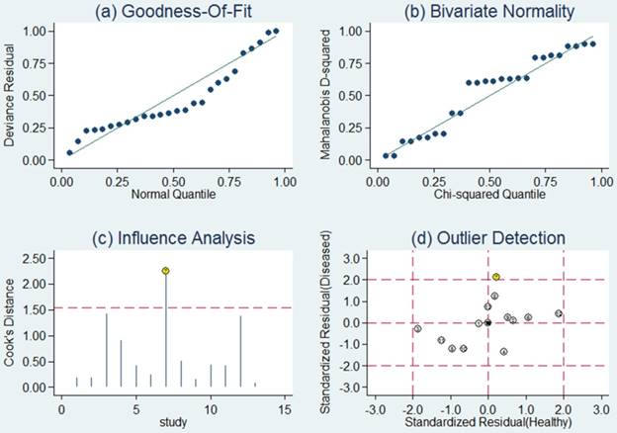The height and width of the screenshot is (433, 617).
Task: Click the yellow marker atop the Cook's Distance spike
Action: coord(165,270)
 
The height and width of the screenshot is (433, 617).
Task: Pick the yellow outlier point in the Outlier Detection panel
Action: coord(496,277)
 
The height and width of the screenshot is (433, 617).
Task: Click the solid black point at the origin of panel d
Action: coord(487,322)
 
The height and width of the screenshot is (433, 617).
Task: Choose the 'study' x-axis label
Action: coord(175,423)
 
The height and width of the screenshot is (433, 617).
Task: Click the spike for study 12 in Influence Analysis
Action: coord(240,352)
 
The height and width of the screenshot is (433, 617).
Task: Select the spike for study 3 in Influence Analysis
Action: coord(107,350)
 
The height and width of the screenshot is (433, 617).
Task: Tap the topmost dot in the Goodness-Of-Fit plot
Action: coord(275,31)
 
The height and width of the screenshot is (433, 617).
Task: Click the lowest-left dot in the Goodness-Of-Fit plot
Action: coord(69,152)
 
